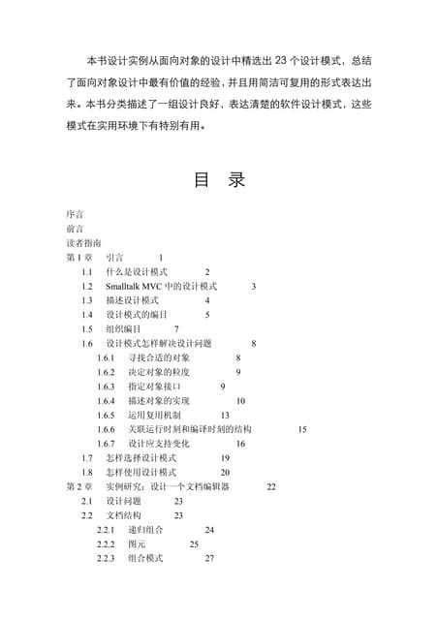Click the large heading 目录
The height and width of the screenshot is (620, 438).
pos(220,180)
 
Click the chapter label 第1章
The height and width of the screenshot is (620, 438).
pos(78,258)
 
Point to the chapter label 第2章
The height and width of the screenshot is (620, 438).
pos(78,486)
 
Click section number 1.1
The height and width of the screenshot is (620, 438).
pos(87,272)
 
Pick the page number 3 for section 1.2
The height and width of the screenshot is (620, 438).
pos(254,287)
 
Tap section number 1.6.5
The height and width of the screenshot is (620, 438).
pos(107,415)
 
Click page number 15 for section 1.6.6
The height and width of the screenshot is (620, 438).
pos(302,429)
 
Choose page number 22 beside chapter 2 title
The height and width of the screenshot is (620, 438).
pos(271,486)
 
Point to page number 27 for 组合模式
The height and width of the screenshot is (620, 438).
pos(209,559)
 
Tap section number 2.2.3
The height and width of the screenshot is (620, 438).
pos(107,559)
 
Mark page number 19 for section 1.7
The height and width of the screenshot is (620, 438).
pos(225,457)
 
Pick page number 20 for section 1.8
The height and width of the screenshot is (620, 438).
pos(225,472)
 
